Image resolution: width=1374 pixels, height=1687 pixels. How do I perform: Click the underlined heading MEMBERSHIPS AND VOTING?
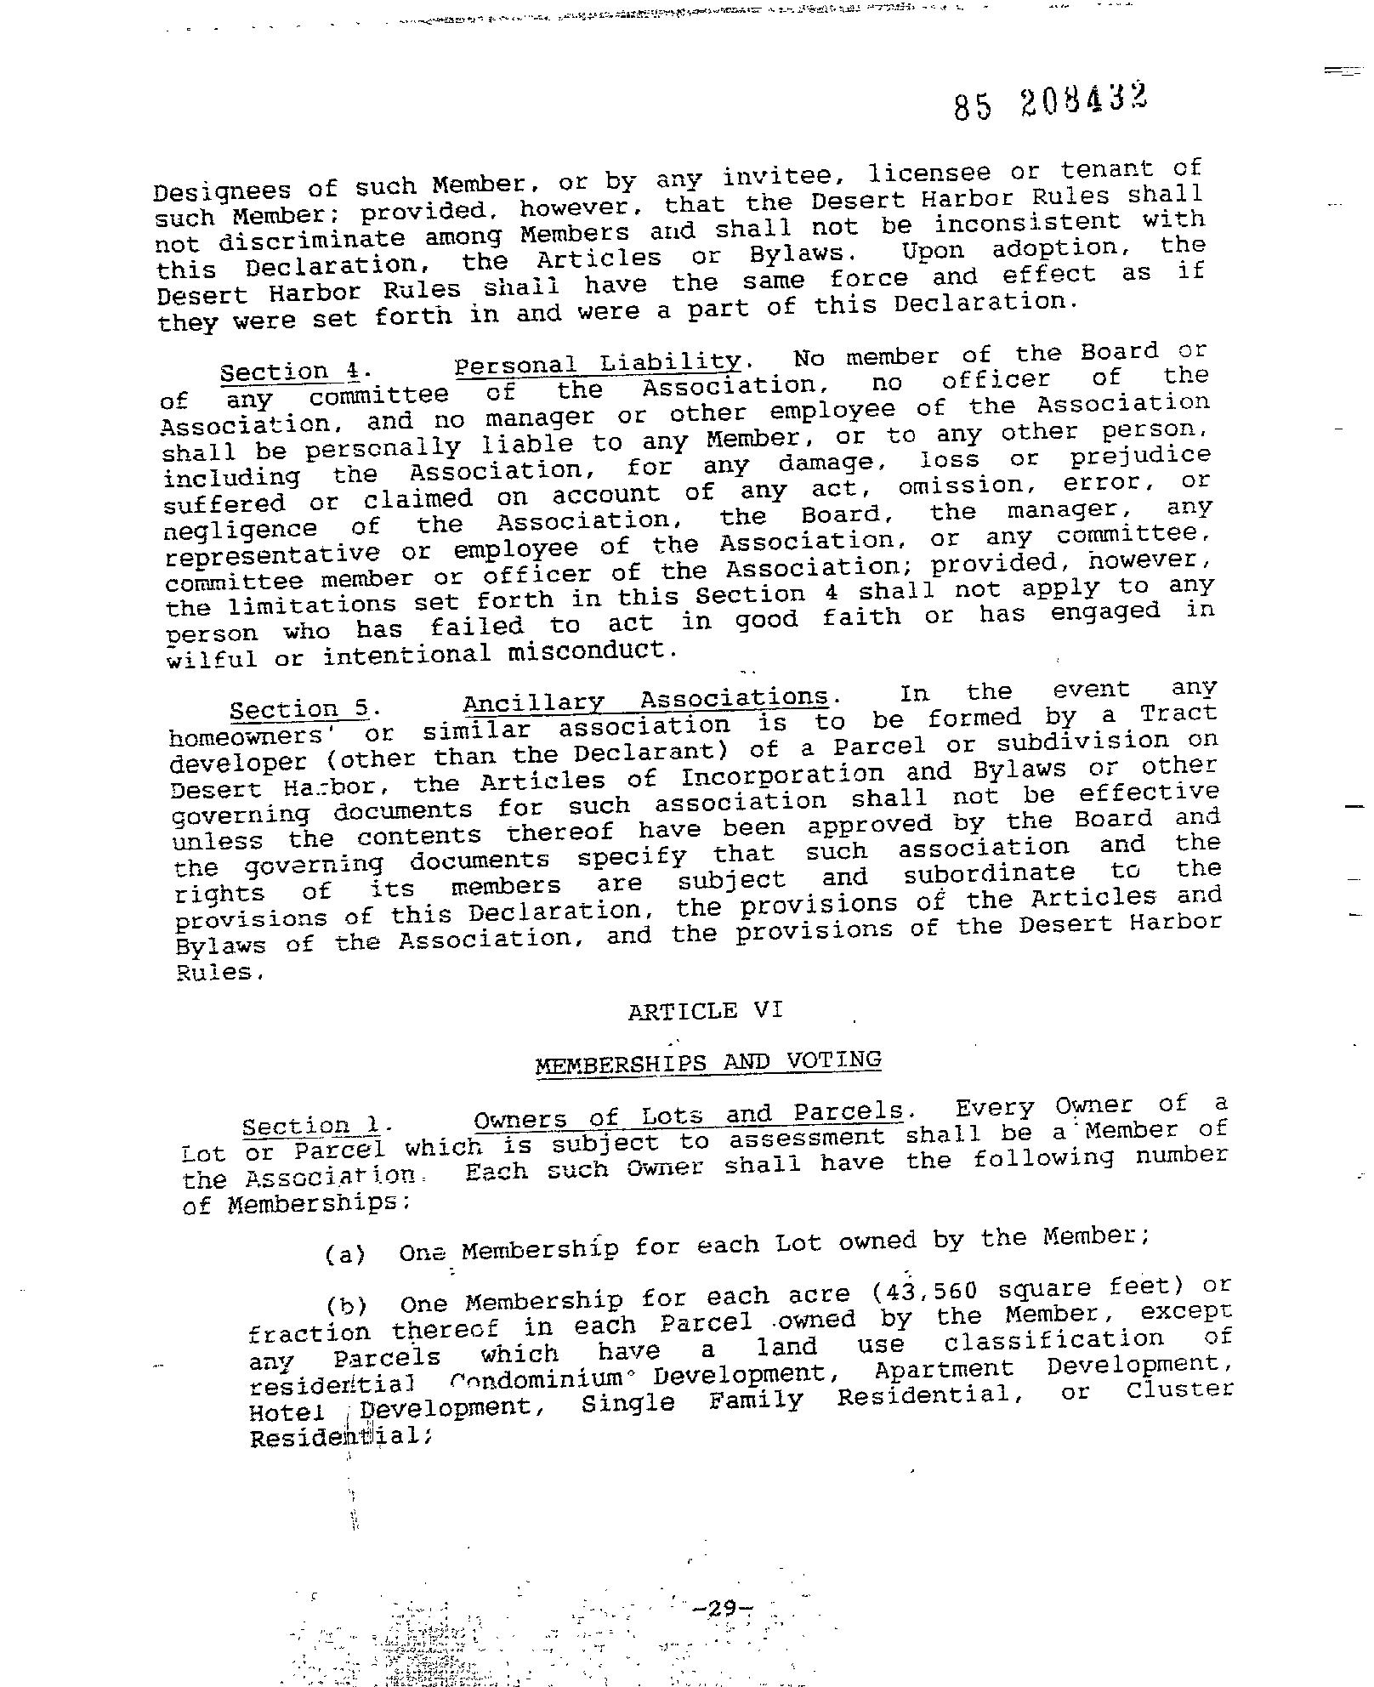point(707,1062)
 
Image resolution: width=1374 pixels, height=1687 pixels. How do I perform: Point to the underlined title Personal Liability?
point(598,363)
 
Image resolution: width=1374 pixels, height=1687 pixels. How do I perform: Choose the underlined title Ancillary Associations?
point(645,700)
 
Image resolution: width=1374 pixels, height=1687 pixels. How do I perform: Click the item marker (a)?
point(345,1254)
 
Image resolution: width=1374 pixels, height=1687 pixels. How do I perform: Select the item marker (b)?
point(345,1305)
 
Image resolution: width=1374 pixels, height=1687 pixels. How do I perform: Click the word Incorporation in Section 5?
point(782,775)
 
